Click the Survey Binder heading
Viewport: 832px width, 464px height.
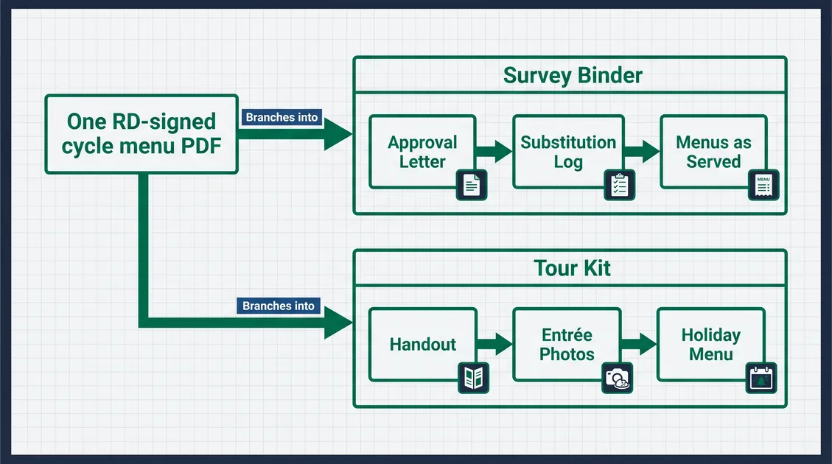tap(573, 75)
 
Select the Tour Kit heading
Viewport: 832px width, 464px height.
tap(572, 268)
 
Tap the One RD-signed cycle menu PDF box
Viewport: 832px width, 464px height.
tap(141, 134)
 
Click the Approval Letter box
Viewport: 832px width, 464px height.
tap(422, 152)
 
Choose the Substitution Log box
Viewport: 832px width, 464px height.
tap(568, 152)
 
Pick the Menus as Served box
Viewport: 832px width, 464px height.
tap(713, 152)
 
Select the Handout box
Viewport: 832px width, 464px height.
tap(423, 344)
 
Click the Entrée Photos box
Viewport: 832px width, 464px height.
tap(567, 344)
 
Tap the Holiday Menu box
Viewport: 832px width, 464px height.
tap(711, 344)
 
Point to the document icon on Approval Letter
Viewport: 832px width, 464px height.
tap(472, 185)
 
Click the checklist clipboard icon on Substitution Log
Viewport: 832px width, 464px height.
tap(619, 185)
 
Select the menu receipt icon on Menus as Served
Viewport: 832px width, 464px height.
tap(763, 185)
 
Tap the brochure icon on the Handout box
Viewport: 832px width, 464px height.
tap(473, 378)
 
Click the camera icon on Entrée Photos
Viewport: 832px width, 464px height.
tap(617, 378)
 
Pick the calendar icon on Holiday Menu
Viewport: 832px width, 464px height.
tap(761, 378)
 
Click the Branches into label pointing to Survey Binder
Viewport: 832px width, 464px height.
tap(282, 117)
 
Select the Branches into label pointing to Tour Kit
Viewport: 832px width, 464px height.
tap(279, 306)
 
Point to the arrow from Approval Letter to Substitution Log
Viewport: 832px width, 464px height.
tap(494, 151)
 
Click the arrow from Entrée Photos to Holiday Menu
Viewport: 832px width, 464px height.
tap(639, 344)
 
